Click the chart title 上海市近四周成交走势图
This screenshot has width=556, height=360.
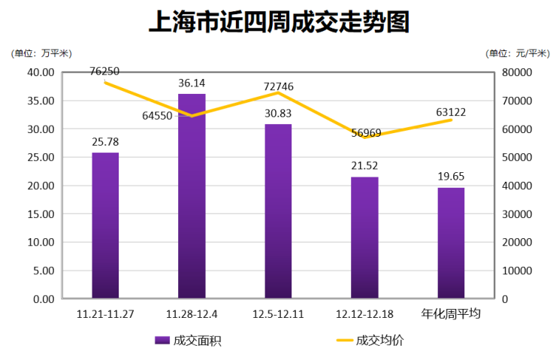tap(279, 22)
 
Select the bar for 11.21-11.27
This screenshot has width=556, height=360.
tap(105, 225)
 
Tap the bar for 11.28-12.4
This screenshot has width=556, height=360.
tap(192, 196)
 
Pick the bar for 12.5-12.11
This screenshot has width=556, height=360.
tap(278, 211)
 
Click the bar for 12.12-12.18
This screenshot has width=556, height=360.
tap(364, 237)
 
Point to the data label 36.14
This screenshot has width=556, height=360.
tap(192, 83)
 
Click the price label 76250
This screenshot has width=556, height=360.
tap(104, 71)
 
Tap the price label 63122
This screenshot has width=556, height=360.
tap(451, 112)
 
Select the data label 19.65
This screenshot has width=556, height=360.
tap(451, 176)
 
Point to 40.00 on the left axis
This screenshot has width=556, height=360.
tap(41, 72)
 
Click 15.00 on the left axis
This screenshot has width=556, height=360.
tap(41, 214)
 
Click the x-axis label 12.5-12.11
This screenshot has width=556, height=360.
tap(278, 314)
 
